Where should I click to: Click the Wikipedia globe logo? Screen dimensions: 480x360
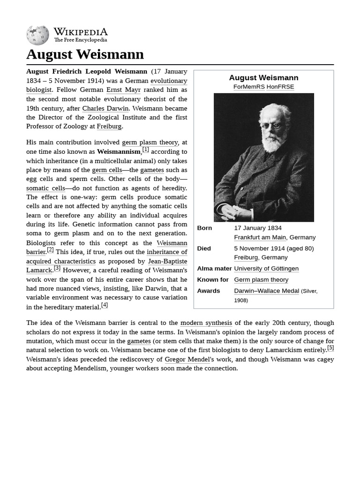coord(37,35)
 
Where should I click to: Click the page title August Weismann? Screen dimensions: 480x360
coord(85,54)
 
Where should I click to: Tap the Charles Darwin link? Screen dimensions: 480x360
coord(105,108)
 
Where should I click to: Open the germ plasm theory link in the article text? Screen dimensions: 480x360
coord(150,142)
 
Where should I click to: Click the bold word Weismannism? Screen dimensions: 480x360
coord(119,151)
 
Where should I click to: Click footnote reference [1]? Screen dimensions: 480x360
coord(146,150)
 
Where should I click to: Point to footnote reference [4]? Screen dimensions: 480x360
coord(105,305)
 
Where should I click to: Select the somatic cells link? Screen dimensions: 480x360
coord(45,188)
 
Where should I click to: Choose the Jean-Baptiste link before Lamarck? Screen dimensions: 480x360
coord(167,261)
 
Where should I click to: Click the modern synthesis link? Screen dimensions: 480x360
coord(206,322)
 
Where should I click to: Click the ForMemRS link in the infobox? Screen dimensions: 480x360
coord(249,87)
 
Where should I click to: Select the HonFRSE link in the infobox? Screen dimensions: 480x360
coord(280,87)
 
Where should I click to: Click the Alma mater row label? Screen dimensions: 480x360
coord(214,269)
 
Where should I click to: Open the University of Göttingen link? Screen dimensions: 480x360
coord(266,269)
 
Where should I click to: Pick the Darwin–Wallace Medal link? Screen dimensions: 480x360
coord(266,291)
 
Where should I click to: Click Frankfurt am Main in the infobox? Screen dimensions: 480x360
coord(260,237)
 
